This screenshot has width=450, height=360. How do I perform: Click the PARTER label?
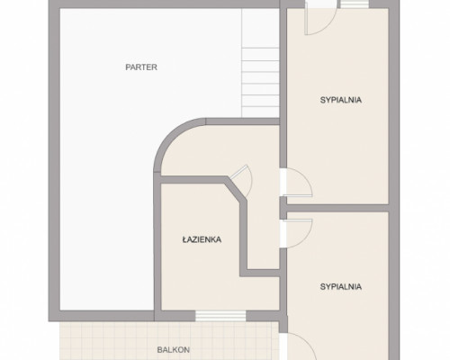pyautogui.click(x=141, y=67)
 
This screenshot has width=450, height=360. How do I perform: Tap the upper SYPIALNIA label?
pyautogui.click(x=341, y=100)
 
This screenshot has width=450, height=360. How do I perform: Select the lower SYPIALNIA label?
pyautogui.click(x=341, y=287)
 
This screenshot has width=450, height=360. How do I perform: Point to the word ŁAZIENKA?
pyautogui.click(x=202, y=239)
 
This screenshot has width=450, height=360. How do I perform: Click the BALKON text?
pyautogui.click(x=174, y=350)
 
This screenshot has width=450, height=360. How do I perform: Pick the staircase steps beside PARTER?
pyautogui.click(x=260, y=82)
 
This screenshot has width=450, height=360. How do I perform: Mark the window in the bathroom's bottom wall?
pyautogui.click(x=220, y=316)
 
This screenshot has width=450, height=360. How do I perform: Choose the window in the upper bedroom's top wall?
pyautogui.click(x=355, y=4)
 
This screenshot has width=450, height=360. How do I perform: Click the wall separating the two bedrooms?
pyautogui.click(x=337, y=208)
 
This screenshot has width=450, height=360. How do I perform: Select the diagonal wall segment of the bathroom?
pyautogui.click(x=237, y=188)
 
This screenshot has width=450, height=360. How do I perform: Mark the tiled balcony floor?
pyautogui.click(x=169, y=341)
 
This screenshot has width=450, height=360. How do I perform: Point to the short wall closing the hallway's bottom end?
pyautogui.click(x=260, y=273)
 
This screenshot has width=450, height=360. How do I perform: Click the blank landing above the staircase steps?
pyautogui.click(x=260, y=28)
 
